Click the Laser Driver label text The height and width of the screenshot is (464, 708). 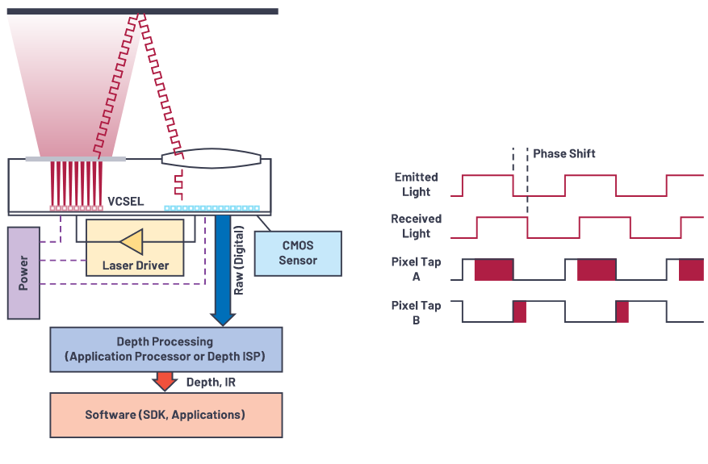click(x=135, y=265)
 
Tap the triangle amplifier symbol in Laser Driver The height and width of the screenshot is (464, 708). click(x=131, y=240)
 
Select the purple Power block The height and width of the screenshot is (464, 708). click(x=23, y=273)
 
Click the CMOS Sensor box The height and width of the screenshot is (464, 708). click(x=298, y=253)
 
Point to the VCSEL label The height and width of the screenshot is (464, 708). click(x=125, y=201)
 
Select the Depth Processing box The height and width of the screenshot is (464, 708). click(x=165, y=349)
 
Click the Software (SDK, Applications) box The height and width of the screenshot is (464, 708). click(x=165, y=415)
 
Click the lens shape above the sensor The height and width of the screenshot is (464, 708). click(x=212, y=159)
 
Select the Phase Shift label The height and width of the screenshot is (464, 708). click(x=564, y=153)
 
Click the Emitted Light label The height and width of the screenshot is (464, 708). click(x=416, y=184)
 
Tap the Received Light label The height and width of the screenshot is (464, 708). click(x=416, y=226)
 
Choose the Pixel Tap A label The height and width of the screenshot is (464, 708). click(x=416, y=269)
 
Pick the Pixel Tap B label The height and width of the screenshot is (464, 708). click(x=416, y=312)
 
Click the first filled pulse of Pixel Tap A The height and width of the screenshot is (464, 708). click(x=493, y=270)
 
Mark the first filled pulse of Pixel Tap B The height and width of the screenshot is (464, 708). click(x=519, y=311)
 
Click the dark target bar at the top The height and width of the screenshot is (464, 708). click(x=141, y=11)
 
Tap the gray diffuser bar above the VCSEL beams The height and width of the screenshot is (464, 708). click(x=76, y=158)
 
